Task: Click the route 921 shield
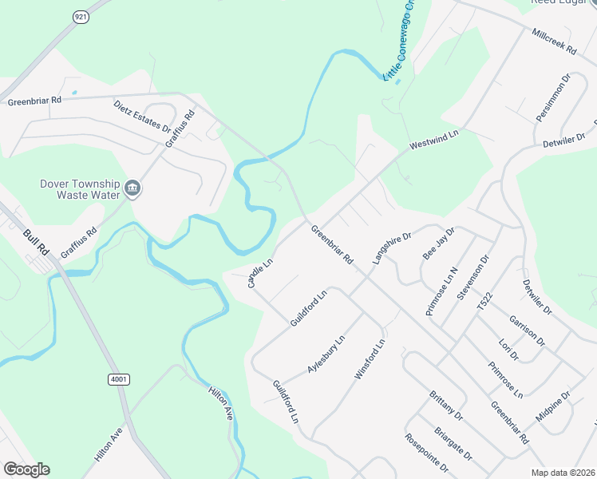[x=80, y=16]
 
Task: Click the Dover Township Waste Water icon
[x=132, y=189]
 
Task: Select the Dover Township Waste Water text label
[x=80, y=188]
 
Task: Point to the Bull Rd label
[x=37, y=242]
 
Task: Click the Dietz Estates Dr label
[x=142, y=116]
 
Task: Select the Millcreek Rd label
[x=554, y=42]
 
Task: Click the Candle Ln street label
[x=260, y=273]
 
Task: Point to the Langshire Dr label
[x=391, y=248]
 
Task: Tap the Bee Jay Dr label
[x=438, y=243]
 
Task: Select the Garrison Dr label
[x=526, y=331]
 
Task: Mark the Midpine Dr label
[x=553, y=406]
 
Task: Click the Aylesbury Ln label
[x=326, y=354]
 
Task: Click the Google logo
[x=26, y=469]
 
